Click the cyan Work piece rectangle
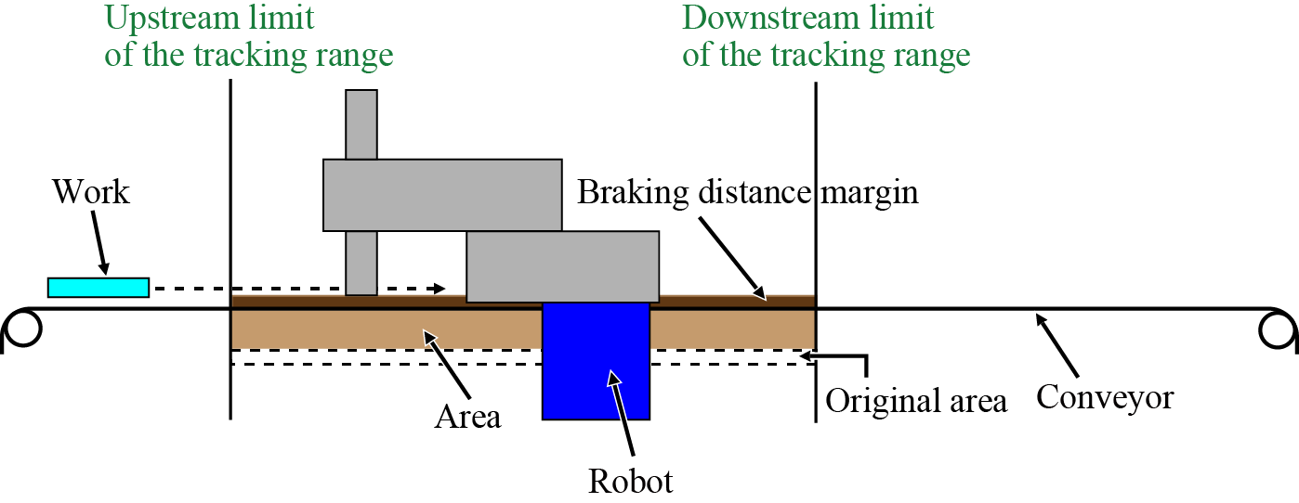[x=98, y=288]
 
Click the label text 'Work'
[x=91, y=192]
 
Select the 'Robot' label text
[x=631, y=482]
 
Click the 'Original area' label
[x=916, y=401]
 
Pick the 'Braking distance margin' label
[x=747, y=192]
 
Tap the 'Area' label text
[x=468, y=417]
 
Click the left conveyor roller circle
[x=20, y=328]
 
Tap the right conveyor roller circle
[x=1279, y=328]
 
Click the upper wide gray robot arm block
[x=442, y=195]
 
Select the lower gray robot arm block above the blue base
[x=562, y=266]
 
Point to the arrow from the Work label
[x=100, y=246]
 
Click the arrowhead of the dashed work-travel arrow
[x=440, y=289]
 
